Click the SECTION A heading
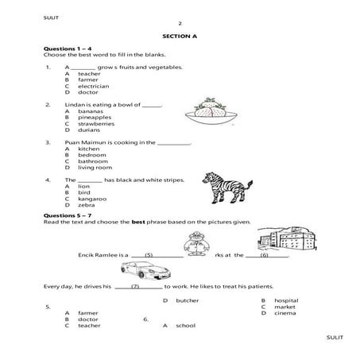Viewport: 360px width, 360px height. (180, 36)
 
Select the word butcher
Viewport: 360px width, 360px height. (187, 300)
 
